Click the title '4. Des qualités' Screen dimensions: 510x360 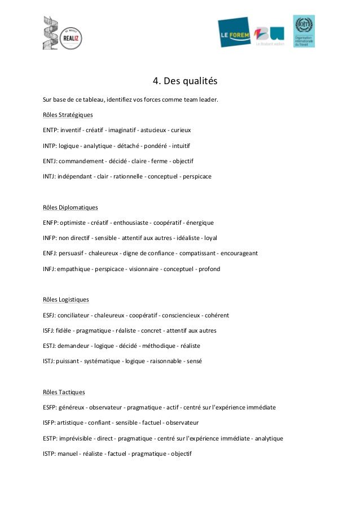click(185, 81)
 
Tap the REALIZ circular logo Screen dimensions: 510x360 click(71, 38)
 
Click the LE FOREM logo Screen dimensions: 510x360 click(234, 32)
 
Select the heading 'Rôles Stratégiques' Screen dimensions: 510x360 click(68, 115)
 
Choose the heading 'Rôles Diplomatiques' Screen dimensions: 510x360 click(70, 207)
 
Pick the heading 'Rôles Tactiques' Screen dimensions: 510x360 click(64, 392)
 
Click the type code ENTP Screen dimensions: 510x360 click(50, 130)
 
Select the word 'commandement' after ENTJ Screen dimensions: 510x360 click(81, 161)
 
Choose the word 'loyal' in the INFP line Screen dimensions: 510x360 click(209, 238)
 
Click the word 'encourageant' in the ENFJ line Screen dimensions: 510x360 click(239, 253)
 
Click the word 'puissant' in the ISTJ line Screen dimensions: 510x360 click(67, 361)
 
